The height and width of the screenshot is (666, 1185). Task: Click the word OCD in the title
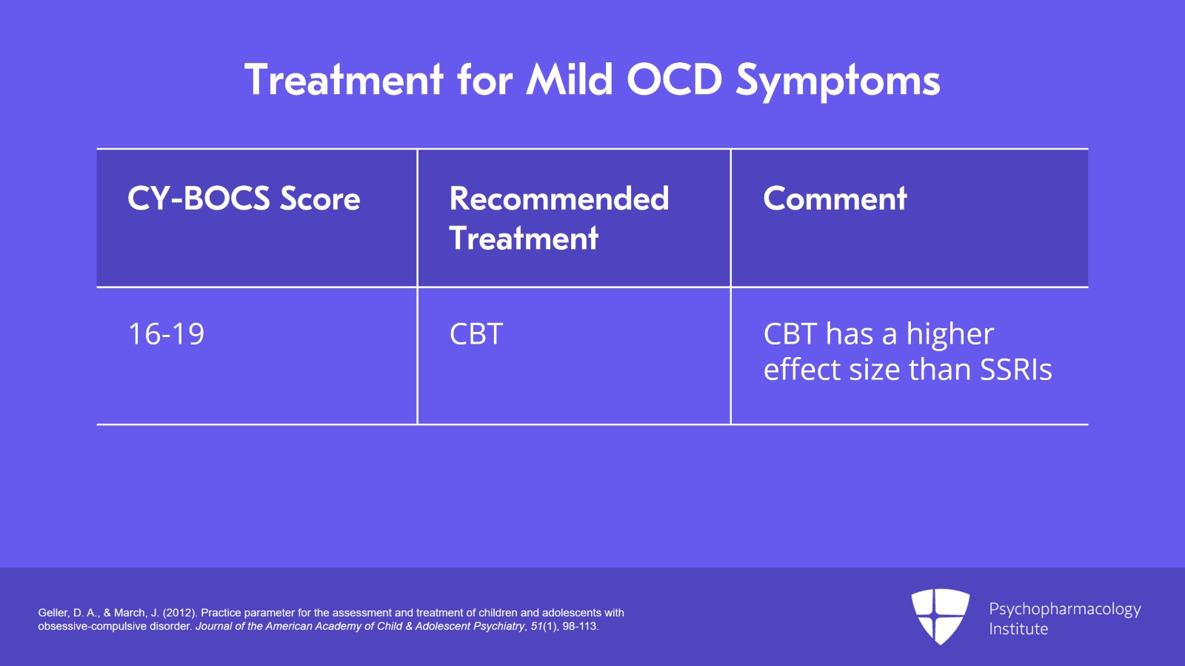point(674,79)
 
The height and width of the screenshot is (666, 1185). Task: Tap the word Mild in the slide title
point(570,79)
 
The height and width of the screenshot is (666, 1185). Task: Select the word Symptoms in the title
point(838,81)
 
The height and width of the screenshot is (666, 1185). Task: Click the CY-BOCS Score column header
point(244,199)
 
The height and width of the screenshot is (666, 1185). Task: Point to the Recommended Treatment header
point(558,218)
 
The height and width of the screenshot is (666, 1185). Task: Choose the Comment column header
point(835,199)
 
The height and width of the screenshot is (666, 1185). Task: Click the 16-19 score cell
point(166,334)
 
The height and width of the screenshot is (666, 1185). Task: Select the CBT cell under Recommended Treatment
point(476,334)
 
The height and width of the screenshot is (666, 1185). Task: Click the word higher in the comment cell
point(949,335)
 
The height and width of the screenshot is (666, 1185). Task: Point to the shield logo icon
point(940,616)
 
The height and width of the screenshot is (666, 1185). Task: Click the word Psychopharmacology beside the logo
point(1064,609)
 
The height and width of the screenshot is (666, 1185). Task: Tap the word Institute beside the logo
point(1018,629)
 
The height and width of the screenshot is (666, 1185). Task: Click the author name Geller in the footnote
point(53,613)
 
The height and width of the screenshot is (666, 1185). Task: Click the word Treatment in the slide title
point(344,79)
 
